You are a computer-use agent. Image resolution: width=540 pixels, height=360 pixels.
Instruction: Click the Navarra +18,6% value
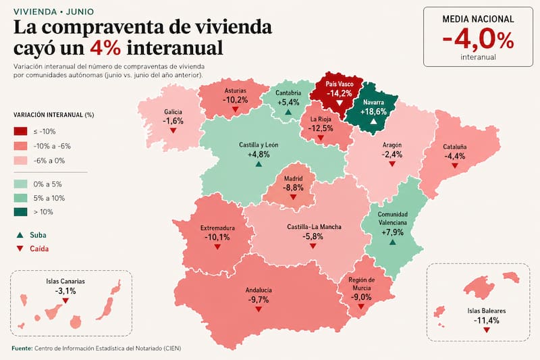(374, 111)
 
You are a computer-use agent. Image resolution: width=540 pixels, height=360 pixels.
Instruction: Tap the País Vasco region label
(340, 84)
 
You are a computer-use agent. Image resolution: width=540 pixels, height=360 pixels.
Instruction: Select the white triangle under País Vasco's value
(340, 103)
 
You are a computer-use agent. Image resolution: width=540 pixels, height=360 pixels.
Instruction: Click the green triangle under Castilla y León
(259, 164)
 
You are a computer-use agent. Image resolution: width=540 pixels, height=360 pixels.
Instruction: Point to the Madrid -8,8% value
(294, 188)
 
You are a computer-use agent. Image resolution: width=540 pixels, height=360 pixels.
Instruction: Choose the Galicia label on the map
(173, 112)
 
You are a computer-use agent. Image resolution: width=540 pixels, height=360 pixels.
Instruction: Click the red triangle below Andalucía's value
(259, 309)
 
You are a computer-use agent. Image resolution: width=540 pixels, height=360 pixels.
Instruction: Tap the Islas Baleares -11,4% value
(486, 320)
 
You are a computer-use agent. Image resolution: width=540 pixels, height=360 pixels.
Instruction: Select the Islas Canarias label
(65, 282)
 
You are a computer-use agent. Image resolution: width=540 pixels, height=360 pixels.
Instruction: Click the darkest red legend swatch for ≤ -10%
(21, 131)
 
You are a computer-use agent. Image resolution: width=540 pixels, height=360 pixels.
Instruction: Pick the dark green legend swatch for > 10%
(21, 211)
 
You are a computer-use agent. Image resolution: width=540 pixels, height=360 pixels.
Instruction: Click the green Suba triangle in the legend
(20, 235)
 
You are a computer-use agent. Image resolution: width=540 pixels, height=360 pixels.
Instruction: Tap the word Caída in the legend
(39, 249)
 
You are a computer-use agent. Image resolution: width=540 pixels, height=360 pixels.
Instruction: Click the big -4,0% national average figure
(478, 40)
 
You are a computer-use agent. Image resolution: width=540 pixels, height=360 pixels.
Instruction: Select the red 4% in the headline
(105, 47)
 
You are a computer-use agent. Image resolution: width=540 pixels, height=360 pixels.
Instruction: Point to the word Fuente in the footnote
(22, 349)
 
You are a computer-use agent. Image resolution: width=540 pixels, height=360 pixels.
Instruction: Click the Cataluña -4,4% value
(454, 156)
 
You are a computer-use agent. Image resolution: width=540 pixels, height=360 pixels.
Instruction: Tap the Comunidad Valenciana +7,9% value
(393, 232)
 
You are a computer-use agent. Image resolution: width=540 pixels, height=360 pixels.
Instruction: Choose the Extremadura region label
(217, 228)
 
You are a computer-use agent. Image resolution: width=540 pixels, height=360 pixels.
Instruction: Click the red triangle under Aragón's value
(392, 164)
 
